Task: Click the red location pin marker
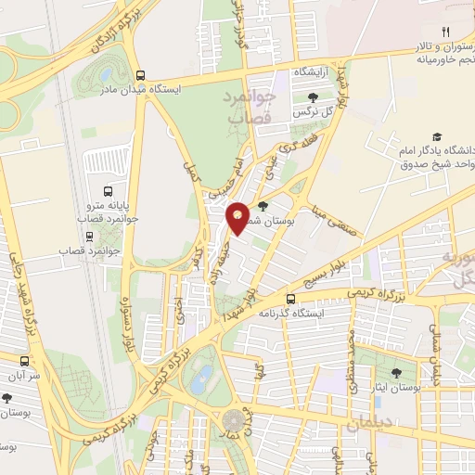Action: point(238,217)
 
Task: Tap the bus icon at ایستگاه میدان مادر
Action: point(140,77)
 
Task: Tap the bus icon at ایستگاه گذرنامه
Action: point(292,300)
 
